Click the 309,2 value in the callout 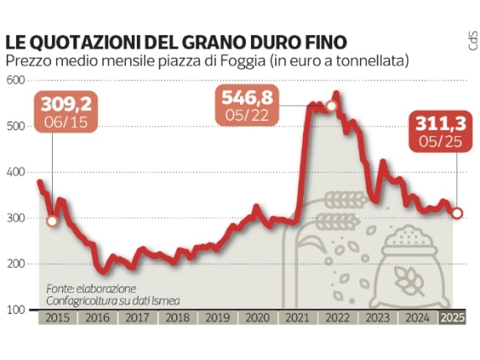(x=65, y=106)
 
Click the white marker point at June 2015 (x=52, y=221)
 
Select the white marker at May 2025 (x=457, y=213)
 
